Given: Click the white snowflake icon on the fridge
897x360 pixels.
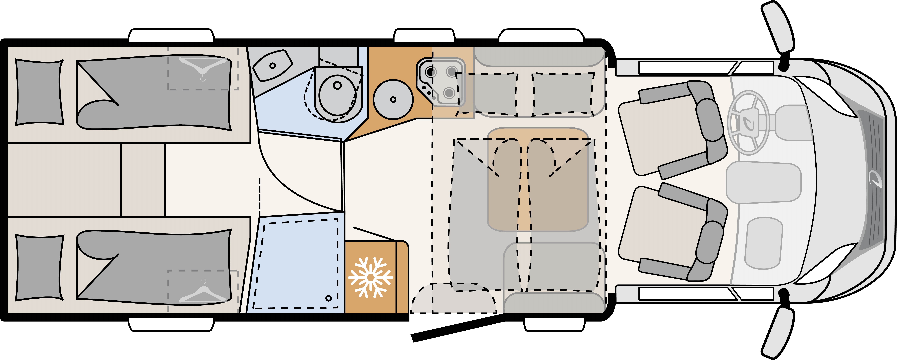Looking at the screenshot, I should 371,277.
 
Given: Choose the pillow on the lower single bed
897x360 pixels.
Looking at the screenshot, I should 39,267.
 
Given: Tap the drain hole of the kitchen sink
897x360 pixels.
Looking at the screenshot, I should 393,99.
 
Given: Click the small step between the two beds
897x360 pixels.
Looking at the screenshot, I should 143,180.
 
